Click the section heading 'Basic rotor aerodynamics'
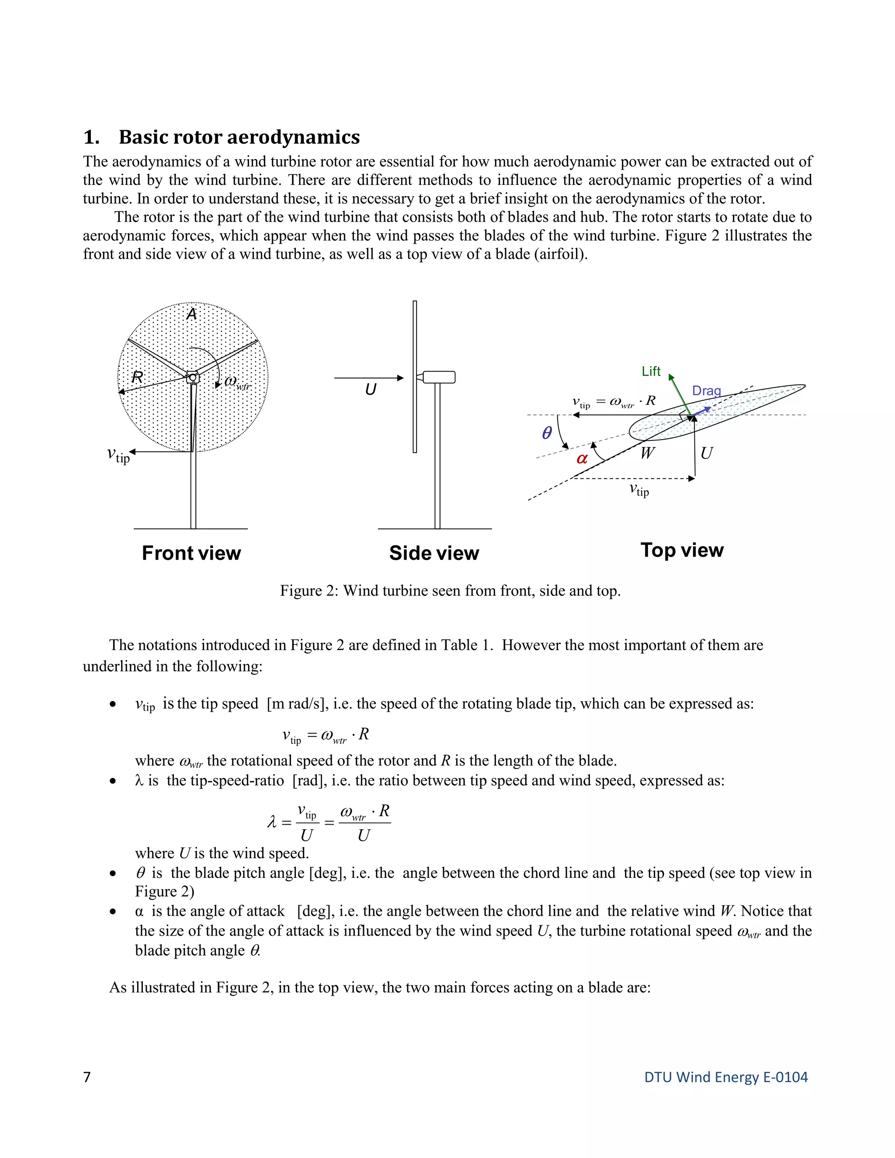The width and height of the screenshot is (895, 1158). click(x=239, y=137)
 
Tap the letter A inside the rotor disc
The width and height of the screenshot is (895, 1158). click(x=191, y=315)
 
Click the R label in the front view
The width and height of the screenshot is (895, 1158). click(x=137, y=378)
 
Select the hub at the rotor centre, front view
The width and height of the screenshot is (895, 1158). click(x=192, y=378)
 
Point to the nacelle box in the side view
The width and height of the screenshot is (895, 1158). click(x=438, y=377)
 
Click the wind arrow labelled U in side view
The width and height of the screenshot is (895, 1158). click(x=368, y=378)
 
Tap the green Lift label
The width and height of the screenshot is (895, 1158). click(x=651, y=371)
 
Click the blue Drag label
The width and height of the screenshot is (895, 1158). click(x=706, y=391)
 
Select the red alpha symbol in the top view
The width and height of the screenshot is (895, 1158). click(x=582, y=459)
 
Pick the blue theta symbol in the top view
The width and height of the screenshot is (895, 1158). click(x=547, y=433)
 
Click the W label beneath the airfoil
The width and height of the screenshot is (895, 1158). click(x=647, y=453)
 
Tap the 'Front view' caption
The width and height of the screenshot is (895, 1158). click(x=191, y=553)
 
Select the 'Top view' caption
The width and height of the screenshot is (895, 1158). click(x=682, y=550)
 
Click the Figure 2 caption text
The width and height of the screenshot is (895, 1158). click(x=450, y=591)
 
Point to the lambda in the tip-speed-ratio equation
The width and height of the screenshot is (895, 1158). click(x=272, y=822)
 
